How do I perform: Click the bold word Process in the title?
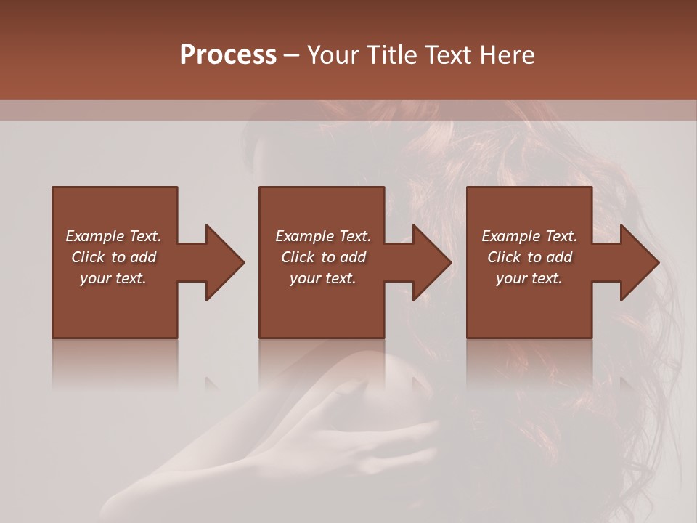[x=228, y=55]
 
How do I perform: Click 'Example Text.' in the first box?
[x=113, y=236]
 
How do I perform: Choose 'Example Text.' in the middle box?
[x=323, y=236]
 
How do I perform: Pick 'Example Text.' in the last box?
[x=529, y=236]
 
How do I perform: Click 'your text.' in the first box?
[x=113, y=278]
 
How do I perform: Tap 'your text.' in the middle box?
[x=323, y=278]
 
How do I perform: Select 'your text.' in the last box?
[x=529, y=278]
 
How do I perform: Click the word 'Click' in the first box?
[x=89, y=257]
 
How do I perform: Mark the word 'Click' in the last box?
[x=505, y=257]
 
